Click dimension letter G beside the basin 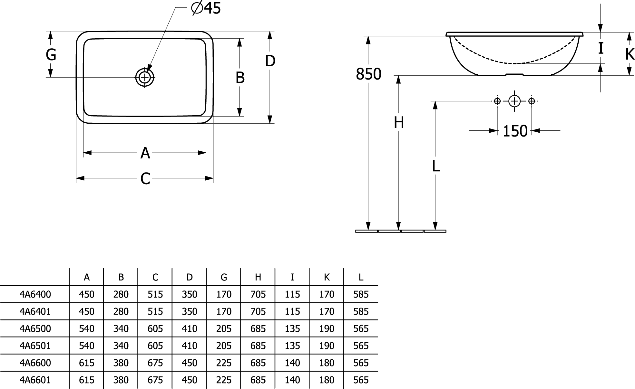[51, 54]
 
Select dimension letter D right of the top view [270, 61]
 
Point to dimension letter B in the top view [240, 78]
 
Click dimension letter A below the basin [145, 153]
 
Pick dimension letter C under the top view [145, 179]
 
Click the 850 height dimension [368, 74]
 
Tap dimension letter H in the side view [399, 123]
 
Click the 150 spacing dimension [515, 131]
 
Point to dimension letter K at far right [630, 54]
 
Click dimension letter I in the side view [601, 49]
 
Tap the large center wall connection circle [514, 101]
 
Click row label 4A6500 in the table [35, 329]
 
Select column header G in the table [224, 277]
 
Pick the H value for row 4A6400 [258, 294]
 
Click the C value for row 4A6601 [155, 380]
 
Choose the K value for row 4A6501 [327, 346]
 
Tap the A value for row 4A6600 [86, 363]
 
